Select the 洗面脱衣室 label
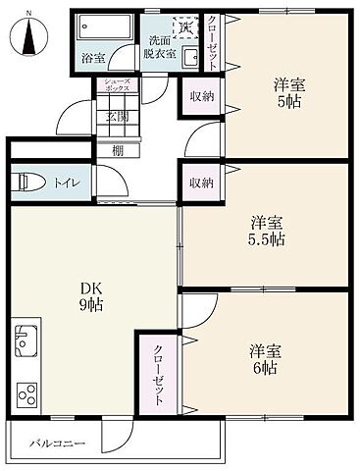tap(161, 48)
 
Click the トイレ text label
tap(67, 182)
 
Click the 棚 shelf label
tap(117, 150)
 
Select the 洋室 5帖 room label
tap(288, 93)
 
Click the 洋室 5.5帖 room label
tap(265, 230)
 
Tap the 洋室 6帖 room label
tap(263, 359)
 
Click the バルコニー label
tap(57, 444)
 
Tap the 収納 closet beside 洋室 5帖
tap(202, 96)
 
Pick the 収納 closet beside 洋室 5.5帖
tap(202, 183)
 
